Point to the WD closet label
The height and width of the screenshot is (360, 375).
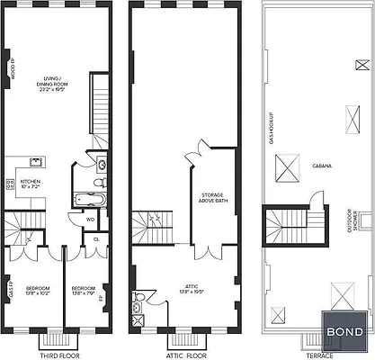(91, 218)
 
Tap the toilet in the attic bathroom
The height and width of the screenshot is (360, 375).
(138, 297)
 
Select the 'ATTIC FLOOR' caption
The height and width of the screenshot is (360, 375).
(175, 355)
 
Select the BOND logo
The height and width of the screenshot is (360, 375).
(345, 332)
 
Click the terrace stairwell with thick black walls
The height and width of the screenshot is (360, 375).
(286, 229)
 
